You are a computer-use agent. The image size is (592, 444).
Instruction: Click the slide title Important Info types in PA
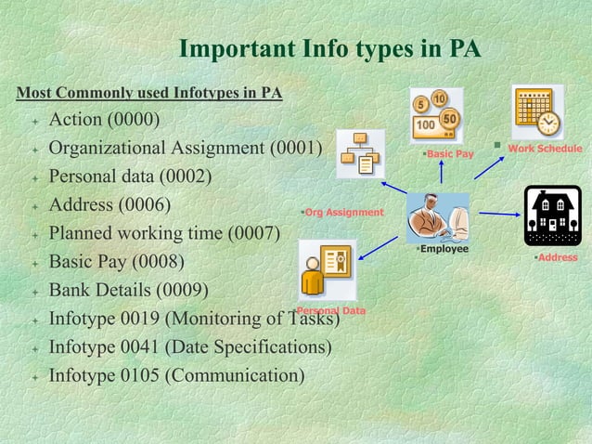pos(329,47)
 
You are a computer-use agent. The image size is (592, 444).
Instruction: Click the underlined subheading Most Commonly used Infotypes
pos(149,93)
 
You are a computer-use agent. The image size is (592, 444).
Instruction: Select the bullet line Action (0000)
pos(104,121)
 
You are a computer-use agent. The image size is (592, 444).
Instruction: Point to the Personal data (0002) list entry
pos(130,176)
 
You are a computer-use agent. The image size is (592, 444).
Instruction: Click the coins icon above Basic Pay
pos(436,114)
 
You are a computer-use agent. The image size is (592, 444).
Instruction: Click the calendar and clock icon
pos(536,111)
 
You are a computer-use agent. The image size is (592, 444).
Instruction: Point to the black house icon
pos(552,215)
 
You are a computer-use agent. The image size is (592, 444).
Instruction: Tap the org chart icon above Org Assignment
pos(360,153)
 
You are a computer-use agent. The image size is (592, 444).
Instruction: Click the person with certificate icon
pos(326,270)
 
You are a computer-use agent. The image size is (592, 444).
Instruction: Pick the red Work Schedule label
pos(545,149)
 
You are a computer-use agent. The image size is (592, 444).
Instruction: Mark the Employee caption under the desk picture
pos(444,249)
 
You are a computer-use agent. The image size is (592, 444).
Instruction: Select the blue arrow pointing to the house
pos(499,215)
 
